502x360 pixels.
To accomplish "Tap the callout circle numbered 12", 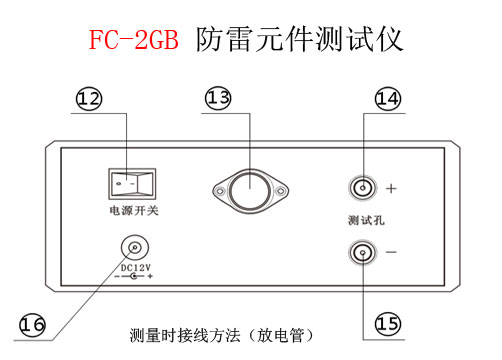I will [89, 97].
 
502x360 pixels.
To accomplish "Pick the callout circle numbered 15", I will [387, 322].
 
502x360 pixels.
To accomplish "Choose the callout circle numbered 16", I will [33, 324].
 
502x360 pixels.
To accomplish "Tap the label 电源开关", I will [134, 211].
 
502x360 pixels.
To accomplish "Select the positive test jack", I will [361, 188].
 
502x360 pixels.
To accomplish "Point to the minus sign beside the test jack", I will [391, 252].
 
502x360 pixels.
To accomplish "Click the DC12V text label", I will [136, 267].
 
